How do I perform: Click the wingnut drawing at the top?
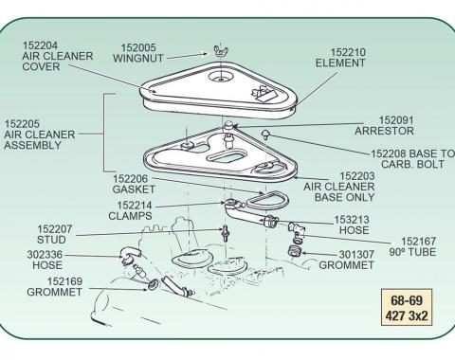click(x=221, y=51)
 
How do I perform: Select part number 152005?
click(x=138, y=47)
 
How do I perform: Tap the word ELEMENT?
click(x=340, y=63)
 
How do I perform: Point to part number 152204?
click(x=40, y=45)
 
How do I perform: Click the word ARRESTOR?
click(x=384, y=131)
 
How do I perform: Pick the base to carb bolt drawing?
click(x=265, y=135)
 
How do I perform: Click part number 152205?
click(x=22, y=123)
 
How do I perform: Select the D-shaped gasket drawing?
click(x=267, y=200)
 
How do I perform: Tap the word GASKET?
click(x=130, y=189)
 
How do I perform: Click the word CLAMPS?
click(x=130, y=216)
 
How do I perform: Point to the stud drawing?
click(x=225, y=234)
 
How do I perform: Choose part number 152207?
click(x=55, y=229)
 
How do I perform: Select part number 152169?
click(x=64, y=281)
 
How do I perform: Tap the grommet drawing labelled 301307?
click(x=295, y=251)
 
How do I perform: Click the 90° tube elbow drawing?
click(x=297, y=229)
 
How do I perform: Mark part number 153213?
click(x=352, y=219)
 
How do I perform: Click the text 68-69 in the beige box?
click(x=407, y=300)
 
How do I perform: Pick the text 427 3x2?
click(x=407, y=315)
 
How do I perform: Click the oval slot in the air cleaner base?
click(x=227, y=156)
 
